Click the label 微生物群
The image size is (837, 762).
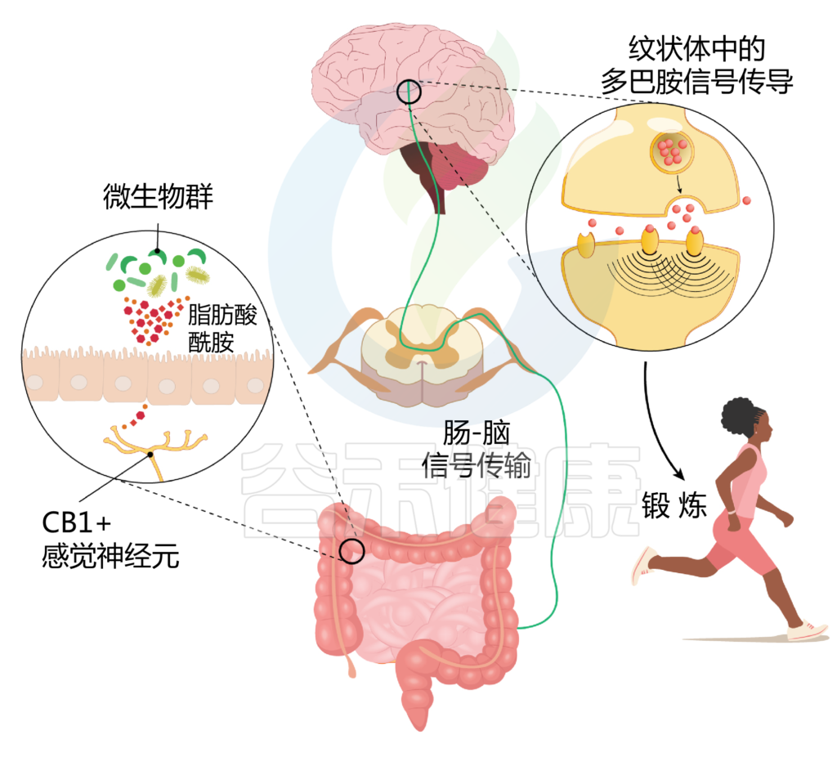pos(158,196)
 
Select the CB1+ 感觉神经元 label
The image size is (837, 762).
pos(110,540)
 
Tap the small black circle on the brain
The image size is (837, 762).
pos(410,92)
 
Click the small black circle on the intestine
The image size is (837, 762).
pos(352,550)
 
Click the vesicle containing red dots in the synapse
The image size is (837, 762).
pos(671,150)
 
